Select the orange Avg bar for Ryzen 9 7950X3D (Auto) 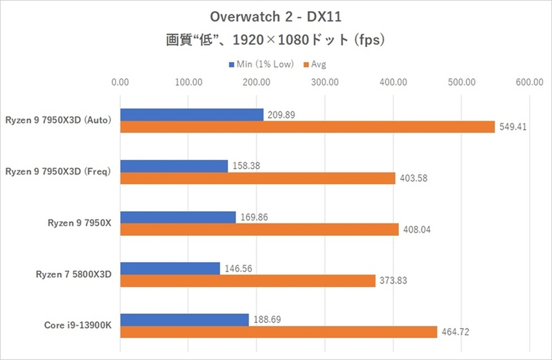point(308,127)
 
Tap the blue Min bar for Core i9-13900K point(184,320)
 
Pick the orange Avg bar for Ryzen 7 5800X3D point(248,281)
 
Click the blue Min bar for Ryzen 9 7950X point(178,217)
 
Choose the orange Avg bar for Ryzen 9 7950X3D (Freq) point(258,178)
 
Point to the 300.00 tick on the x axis point(324,83)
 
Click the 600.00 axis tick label point(529,83)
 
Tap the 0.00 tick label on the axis point(120,83)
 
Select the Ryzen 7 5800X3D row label point(74,274)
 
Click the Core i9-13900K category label point(78,326)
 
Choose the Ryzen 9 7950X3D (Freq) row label point(58,171)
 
